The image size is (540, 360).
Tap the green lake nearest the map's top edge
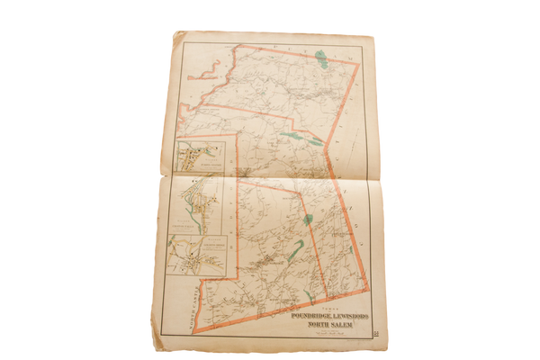click(319, 63)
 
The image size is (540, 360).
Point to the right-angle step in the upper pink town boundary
click(237, 134)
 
